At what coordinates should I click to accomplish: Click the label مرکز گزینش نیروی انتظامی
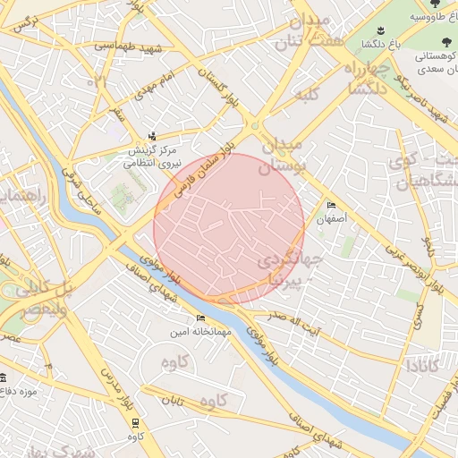(x=151, y=157)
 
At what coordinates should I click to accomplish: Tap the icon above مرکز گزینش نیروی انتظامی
(x=152, y=136)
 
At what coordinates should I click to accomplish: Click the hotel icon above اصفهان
(x=333, y=205)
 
